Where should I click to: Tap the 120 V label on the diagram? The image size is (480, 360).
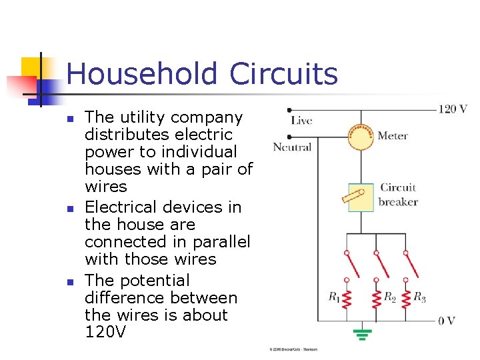click(452, 109)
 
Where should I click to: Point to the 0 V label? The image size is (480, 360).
click(447, 321)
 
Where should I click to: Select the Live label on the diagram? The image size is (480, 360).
click(301, 121)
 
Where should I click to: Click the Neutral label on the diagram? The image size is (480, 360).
click(292, 147)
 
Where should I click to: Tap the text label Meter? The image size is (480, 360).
click(393, 136)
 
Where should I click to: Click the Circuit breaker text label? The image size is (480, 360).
click(398, 195)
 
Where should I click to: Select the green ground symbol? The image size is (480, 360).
click(363, 333)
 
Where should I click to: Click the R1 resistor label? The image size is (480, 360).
click(334, 298)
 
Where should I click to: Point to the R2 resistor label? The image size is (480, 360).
click(391, 298)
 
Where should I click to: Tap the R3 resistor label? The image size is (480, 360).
click(420, 297)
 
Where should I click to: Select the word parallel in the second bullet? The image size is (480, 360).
click(219, 242)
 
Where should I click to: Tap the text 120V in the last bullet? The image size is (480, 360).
click(105, 331)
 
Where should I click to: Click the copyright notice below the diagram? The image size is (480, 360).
click(293, 349)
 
